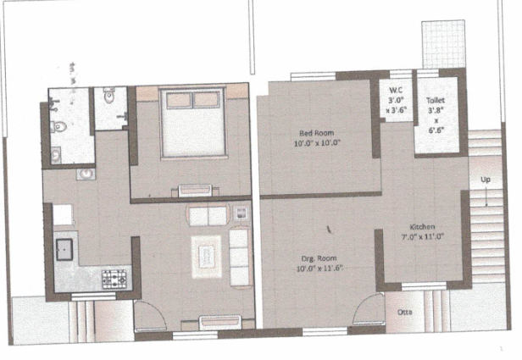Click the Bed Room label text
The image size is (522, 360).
[x=316, y=133]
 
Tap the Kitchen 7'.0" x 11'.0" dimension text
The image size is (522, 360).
[x=423, y=237]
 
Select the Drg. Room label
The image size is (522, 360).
[x=319, y=258]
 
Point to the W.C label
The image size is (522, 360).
[x=396, y=90]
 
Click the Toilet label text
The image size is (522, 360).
[x=436, y=100]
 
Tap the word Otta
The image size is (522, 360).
[x=404, y=312]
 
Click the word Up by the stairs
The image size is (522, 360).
[x=486, y=180]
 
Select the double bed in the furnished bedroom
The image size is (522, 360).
[x=192, y=123]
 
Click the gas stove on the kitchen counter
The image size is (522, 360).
[x=114, y=279]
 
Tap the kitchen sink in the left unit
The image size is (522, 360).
[x=64, y=249]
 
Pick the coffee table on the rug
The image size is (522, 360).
[x=207, y=257]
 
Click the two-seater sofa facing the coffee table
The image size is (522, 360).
[x=208, y=216]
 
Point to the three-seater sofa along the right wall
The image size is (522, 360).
[x=241, y=257]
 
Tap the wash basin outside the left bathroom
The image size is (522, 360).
[x=86, y=174]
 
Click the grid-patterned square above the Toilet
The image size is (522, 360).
[x=443, y=44]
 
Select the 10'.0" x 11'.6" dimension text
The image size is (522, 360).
[x=319, y=269]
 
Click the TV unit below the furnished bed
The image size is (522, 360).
[x=196, y=191]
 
